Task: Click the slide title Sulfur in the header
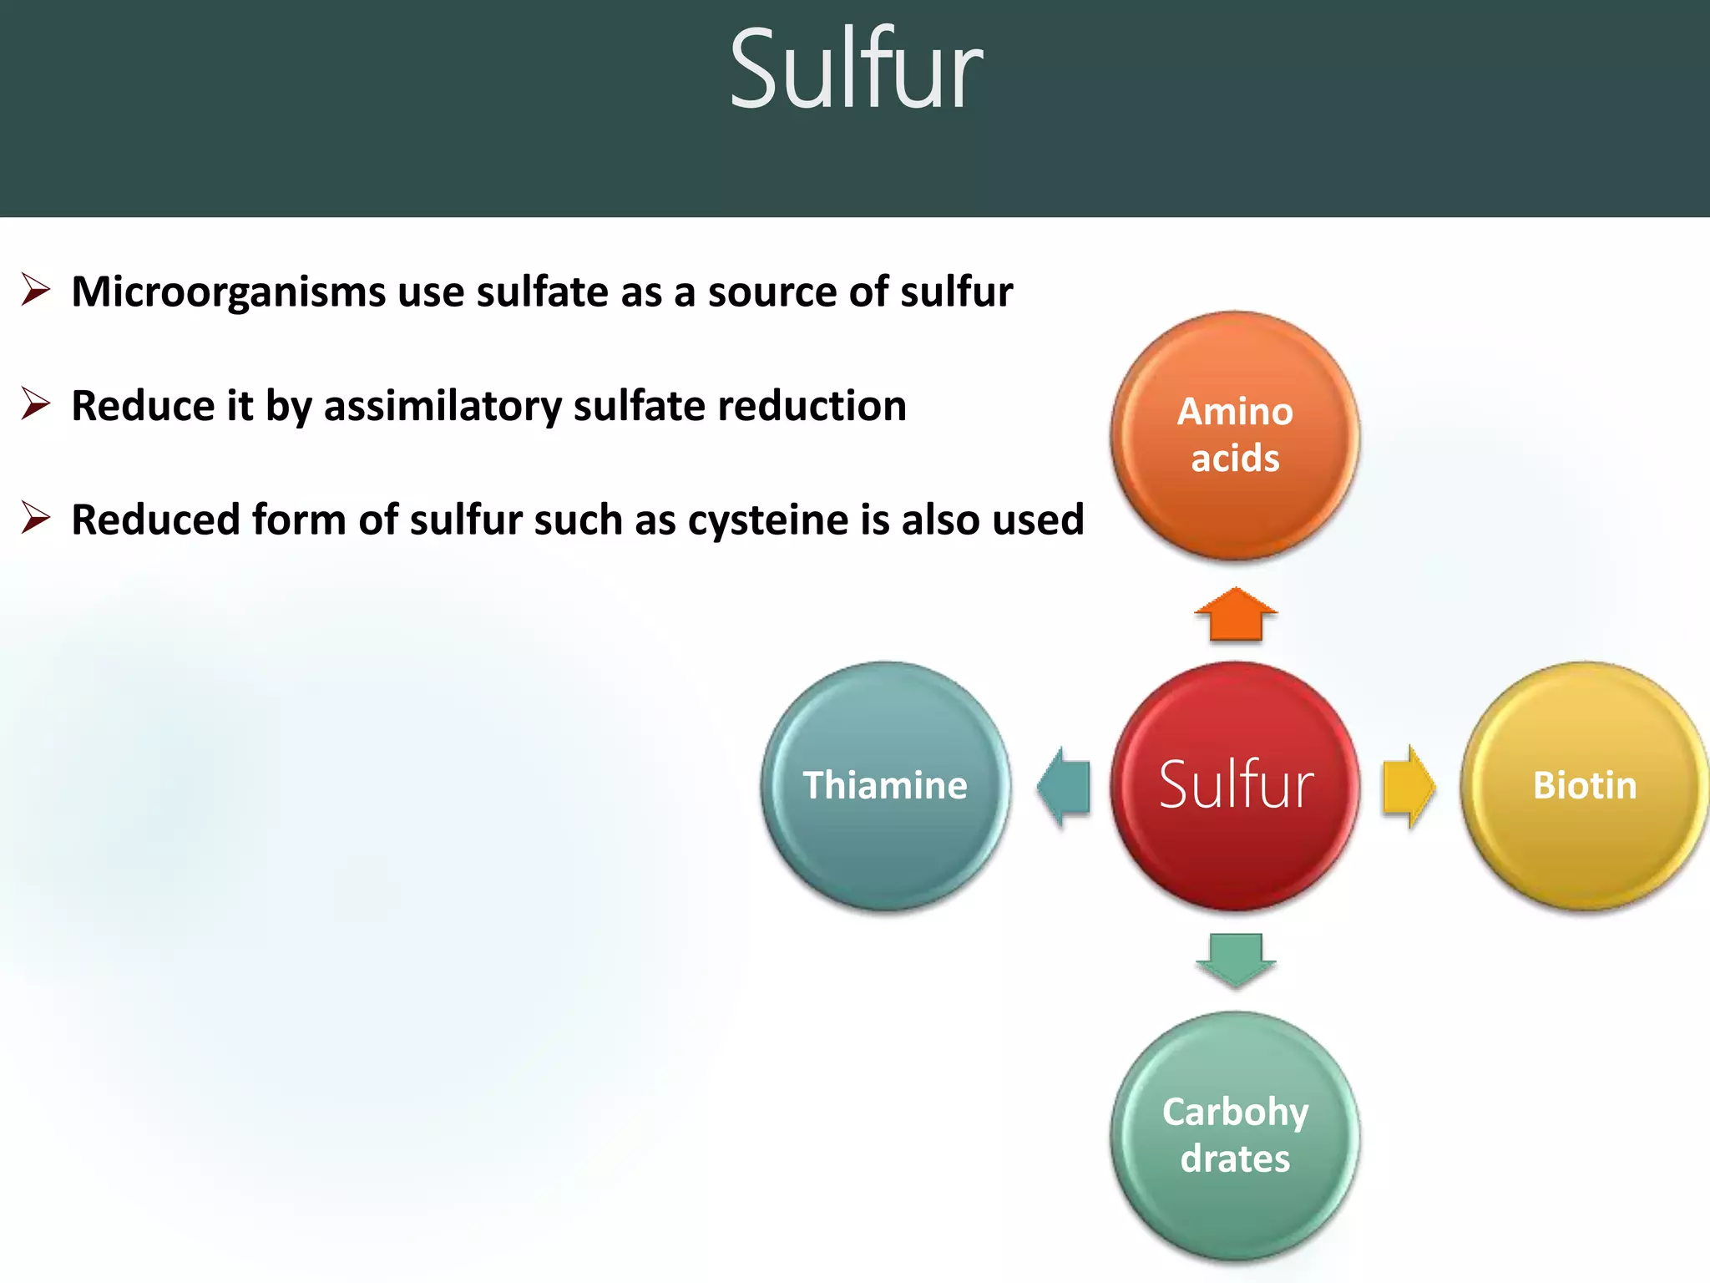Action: point(855,70)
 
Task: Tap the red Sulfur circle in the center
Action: point(1235,785)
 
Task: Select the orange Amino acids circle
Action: point(1235,435)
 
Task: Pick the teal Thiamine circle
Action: point(885,785)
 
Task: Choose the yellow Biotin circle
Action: point(1584,785)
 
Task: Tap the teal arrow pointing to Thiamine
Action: point(1064,786)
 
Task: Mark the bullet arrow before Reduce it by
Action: point(36,404)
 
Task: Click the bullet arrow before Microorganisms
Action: point(36,290)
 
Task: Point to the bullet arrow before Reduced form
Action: point(36,518)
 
